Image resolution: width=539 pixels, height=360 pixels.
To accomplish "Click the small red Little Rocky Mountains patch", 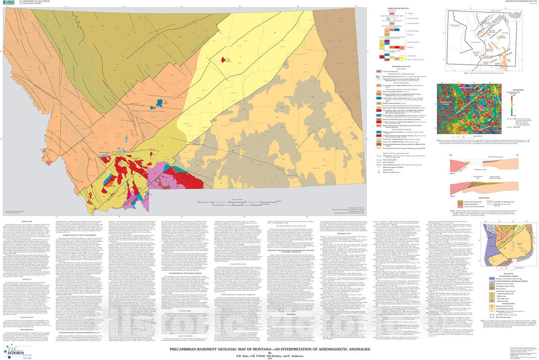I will coord(223,59).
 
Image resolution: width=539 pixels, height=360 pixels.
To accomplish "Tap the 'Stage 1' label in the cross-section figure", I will coord(452,173).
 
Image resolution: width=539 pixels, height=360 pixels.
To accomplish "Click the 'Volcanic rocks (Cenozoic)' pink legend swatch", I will coord(379,71).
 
